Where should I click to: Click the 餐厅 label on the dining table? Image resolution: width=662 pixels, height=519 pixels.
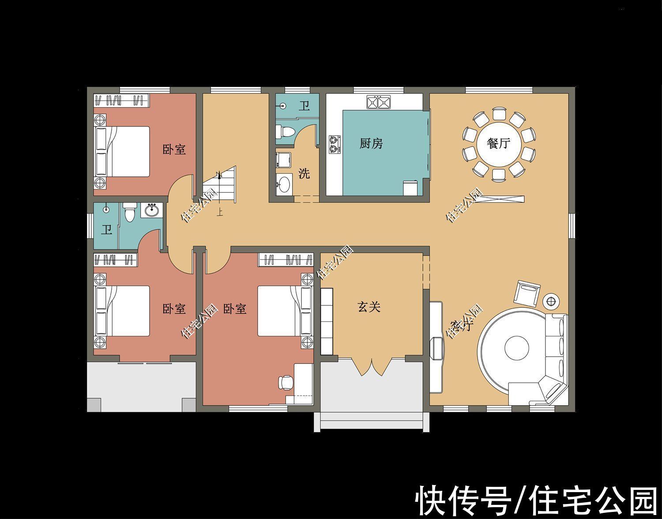tap(498, 144)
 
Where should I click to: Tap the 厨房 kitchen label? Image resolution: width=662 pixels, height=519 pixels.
tap(371, 143)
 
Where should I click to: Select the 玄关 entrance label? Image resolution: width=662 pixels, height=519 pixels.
tap(369, 307)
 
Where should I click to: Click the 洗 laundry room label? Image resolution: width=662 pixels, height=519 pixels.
tap(304, 173)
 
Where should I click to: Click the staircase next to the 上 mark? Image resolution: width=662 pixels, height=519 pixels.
tap(220, 185)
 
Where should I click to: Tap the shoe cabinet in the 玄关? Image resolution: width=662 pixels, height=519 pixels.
tap(327, 321)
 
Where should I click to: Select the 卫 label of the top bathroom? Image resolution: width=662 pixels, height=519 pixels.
tap(304, 106)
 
